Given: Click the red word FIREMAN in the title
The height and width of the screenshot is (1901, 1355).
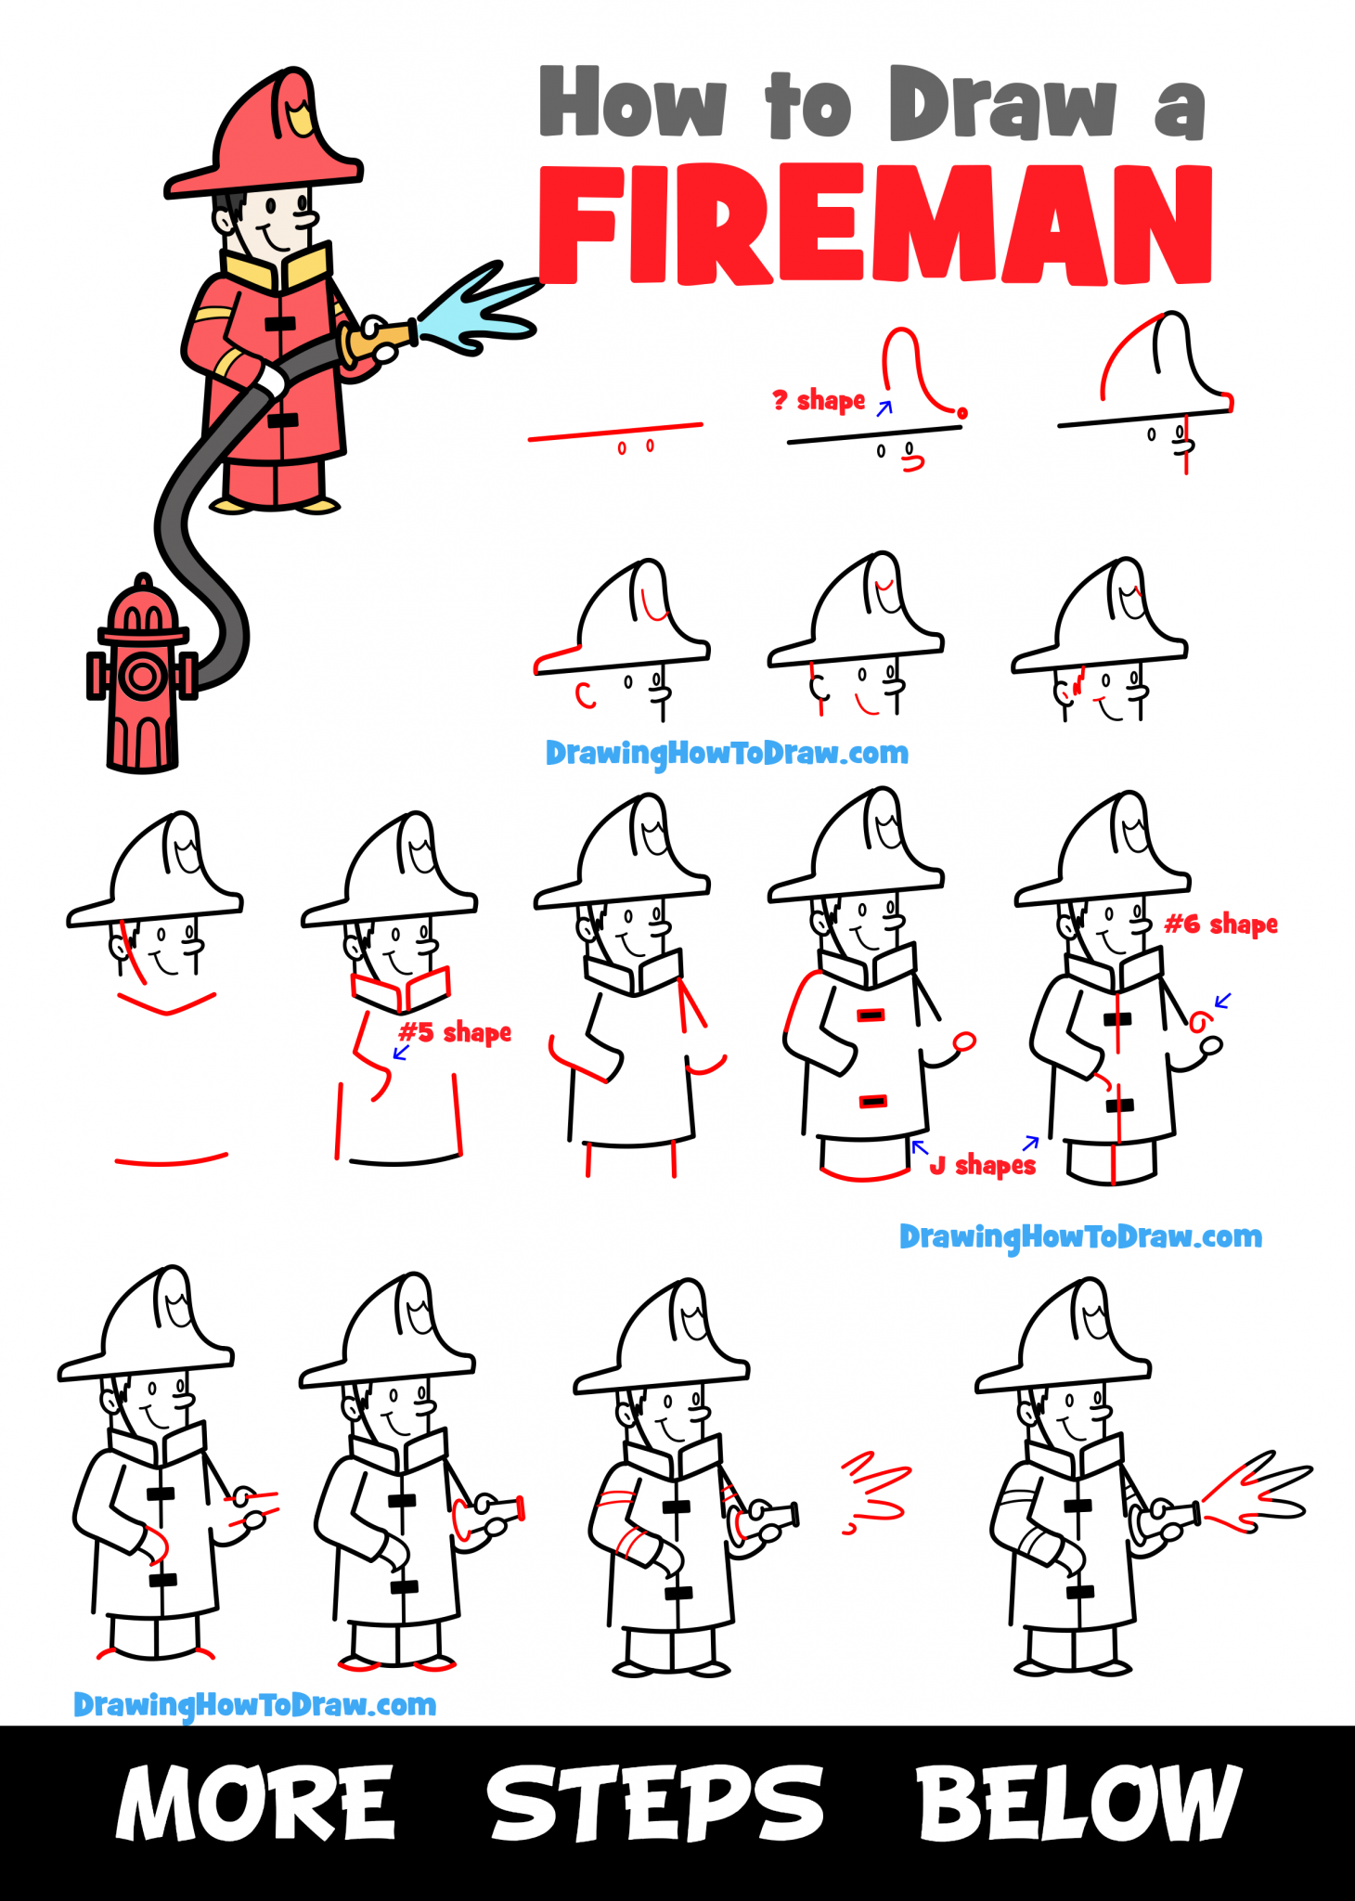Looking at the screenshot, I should (874, 226).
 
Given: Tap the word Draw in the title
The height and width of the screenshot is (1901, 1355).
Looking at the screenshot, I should (1002, 104).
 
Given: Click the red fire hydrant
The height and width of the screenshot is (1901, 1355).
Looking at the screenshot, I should (141, 678).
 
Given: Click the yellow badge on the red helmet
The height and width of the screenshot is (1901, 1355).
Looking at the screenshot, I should (299, 119).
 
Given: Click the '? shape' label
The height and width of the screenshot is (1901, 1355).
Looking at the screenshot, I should (819, 401).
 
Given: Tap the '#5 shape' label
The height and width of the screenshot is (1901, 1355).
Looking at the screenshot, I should (455, 1032).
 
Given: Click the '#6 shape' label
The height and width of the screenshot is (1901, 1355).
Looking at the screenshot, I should (1220, 924).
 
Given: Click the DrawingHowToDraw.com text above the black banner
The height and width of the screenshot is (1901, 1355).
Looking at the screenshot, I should (254, 1704).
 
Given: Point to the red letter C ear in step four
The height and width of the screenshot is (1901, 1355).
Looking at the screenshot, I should (585, 695).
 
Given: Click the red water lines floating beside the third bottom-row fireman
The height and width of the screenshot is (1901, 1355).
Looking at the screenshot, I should (875, 1490).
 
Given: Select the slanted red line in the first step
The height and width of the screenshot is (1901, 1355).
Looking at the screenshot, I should (614, 431).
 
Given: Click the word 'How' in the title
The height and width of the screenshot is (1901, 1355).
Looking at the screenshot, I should (633, 104).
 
